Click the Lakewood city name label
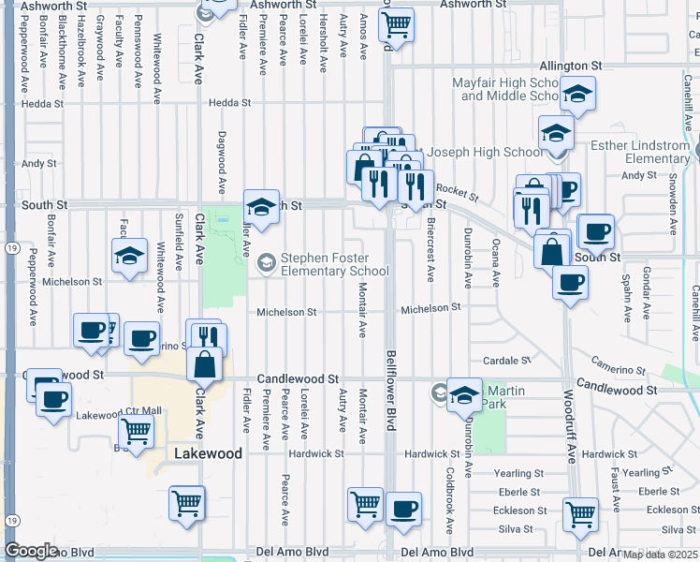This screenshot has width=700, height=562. tap(209, 453)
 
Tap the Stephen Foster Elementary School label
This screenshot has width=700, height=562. tap(334, 265)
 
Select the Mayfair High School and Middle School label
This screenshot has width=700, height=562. tap(505, 89)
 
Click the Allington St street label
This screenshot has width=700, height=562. tap(570, 67)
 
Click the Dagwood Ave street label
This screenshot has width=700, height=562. tap(223, 162)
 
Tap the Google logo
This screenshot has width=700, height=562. tap(31, 550)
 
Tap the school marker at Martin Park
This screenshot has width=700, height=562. tap(464, 395)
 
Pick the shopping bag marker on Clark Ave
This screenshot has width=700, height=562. tap(204, 363)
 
